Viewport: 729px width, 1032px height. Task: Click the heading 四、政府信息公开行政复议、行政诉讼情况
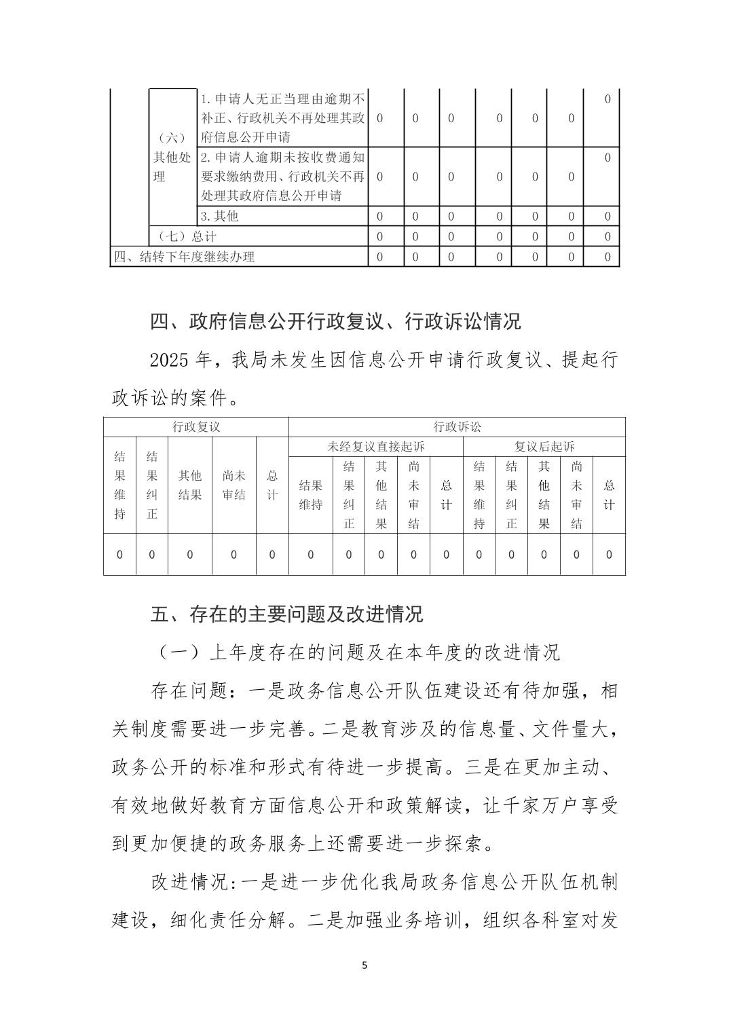tap(335, 321)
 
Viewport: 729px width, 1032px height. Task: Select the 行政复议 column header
tap(196, 427)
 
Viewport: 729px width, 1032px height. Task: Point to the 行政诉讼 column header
tap(457, 427)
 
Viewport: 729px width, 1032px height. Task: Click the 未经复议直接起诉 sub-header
tap(376, 447)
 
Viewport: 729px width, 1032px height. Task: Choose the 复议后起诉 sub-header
tap(544, 447)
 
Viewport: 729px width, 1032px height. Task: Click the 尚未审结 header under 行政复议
tap(233, 485)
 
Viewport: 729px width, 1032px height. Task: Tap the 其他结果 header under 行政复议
tap(190, 485)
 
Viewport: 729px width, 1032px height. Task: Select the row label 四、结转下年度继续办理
tap(184, 257)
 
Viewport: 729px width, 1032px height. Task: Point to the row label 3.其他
tap(219, 216)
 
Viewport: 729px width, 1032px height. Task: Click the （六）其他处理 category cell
tap(171, 157)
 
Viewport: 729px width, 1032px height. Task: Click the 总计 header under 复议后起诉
tap(609, 495)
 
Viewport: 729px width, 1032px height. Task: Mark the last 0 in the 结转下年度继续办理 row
tap(607, 257)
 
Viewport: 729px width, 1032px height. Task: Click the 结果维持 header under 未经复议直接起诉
tap(311, 495)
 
